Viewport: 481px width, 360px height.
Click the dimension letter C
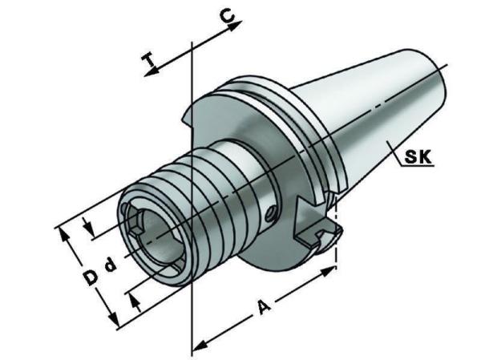pos(228,16)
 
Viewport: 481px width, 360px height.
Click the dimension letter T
pos(149,59)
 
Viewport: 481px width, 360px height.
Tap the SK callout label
pos(418,157)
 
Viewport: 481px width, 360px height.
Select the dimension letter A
pos(265,307)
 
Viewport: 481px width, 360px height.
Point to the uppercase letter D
pos(91,277)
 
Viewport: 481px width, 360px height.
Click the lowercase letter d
pos(111,265)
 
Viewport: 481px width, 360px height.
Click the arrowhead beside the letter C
pos(236,26)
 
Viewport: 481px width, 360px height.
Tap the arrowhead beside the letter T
pos(152,71)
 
